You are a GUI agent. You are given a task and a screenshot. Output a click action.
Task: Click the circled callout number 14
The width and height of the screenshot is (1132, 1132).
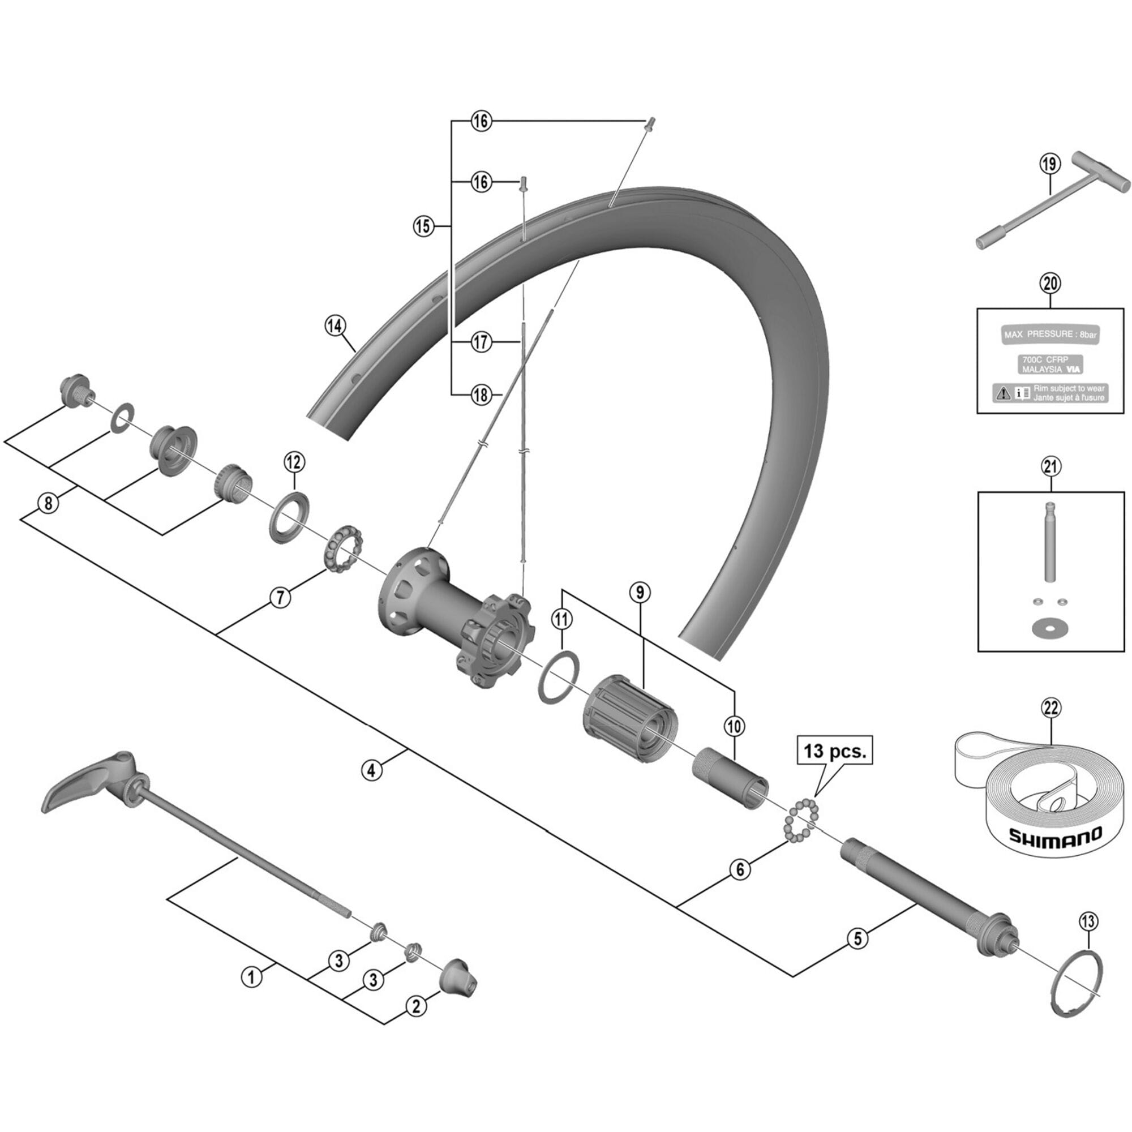tap(335, 326)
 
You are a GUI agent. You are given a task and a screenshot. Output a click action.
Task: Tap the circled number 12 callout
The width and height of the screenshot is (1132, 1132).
tap(294, 462)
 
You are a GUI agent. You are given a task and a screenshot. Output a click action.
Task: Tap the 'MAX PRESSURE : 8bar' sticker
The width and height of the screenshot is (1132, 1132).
tap(1050, 335)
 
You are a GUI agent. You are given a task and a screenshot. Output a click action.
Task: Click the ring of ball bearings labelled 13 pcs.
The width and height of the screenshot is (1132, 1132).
tap(802, 818)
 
